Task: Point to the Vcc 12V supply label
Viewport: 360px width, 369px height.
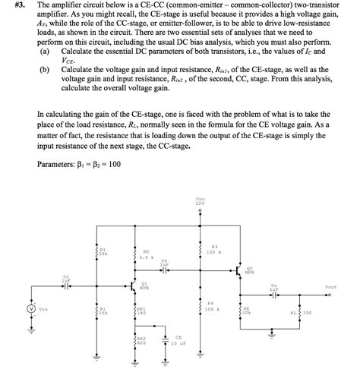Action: tap(200, 201)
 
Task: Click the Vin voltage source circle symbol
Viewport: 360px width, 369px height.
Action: tap(31, 310)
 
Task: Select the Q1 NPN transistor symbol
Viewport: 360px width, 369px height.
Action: tap(135, 286)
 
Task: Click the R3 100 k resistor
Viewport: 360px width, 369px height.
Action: tap(201, 250)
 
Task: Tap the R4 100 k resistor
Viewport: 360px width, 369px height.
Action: tap(201, 308)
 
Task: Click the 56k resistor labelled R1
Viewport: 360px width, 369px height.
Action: tap(96, 251)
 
